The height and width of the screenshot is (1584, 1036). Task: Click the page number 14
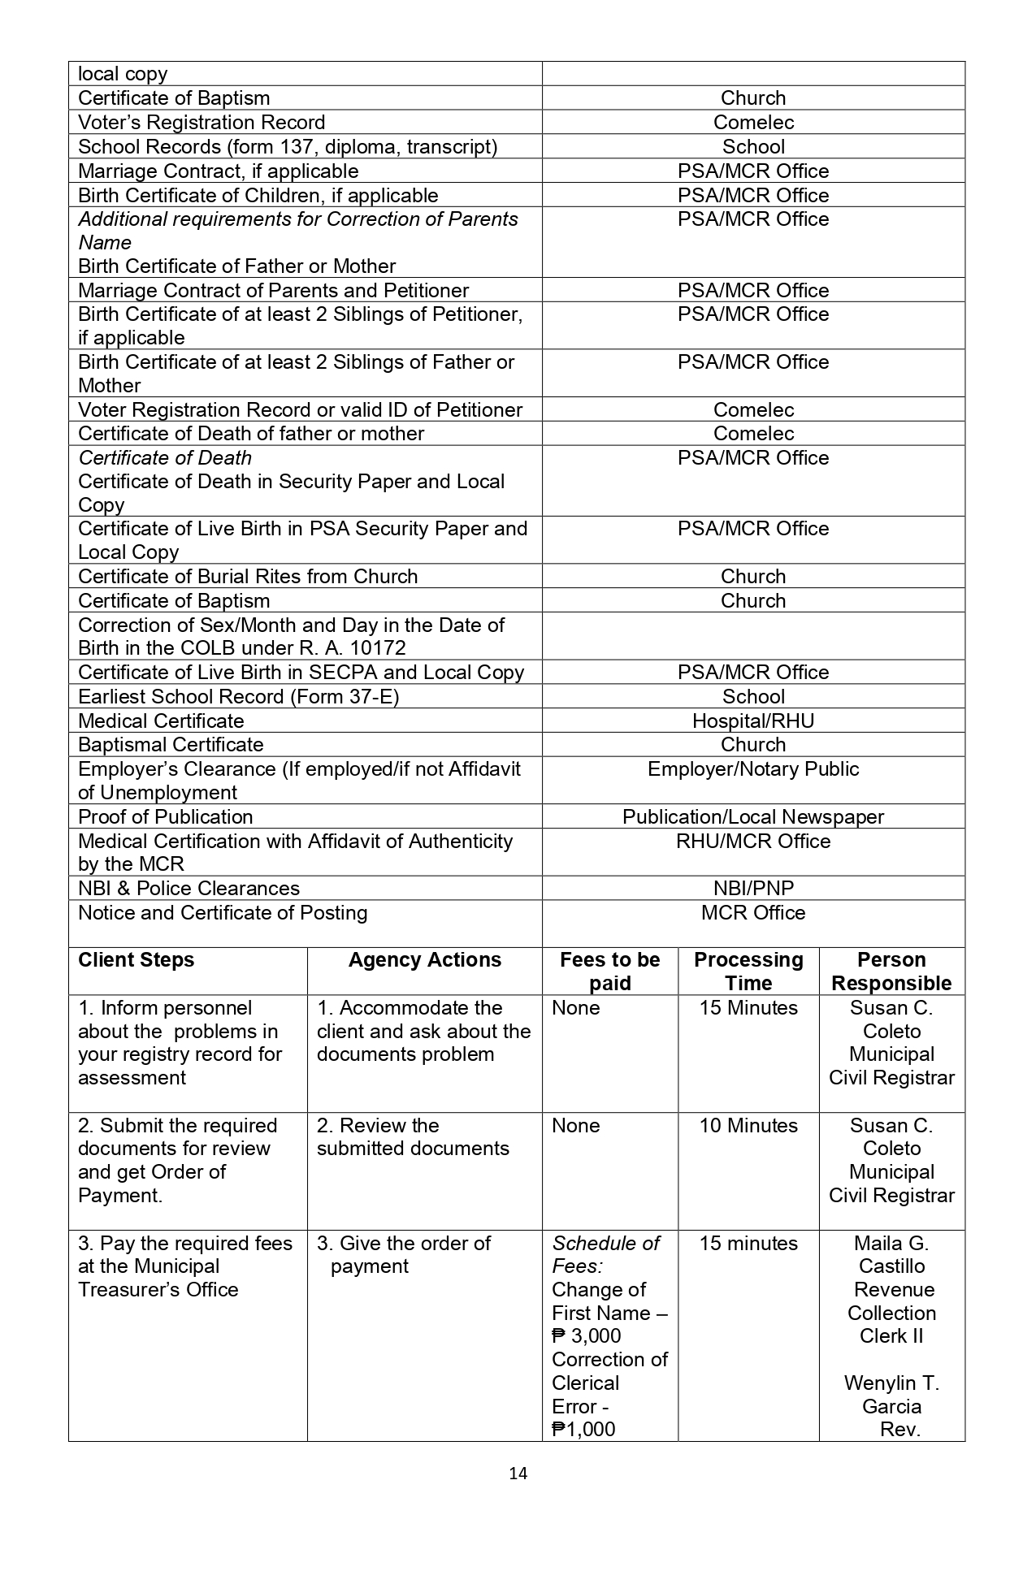point(518,1474)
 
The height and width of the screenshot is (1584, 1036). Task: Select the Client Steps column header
point(136,959)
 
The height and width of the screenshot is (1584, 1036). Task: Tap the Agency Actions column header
point(424,959)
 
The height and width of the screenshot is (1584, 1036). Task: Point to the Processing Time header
point(748,971)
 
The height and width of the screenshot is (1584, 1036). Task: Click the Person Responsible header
point(891,971)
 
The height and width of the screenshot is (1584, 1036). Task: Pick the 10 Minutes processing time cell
point(748,1125)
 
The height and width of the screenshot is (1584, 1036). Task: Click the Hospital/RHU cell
point(753,721)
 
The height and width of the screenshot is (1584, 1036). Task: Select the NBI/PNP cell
point(753,888)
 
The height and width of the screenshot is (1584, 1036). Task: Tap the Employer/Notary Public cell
point(753,768)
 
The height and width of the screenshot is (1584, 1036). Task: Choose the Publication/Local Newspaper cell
point(753,816)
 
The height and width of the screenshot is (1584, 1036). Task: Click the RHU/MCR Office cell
point(753,841)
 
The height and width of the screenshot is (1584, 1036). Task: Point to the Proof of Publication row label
point(165,816)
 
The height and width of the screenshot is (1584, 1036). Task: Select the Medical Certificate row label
point(161,721)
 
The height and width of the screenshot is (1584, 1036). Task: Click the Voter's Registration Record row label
point(202,122)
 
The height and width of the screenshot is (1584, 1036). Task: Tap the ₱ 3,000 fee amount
point(586,1335)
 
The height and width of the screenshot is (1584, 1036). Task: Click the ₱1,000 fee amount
point(583,1429)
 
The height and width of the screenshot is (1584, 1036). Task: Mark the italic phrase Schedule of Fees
point(605,1254)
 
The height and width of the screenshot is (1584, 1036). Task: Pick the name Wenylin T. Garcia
point(891,1395)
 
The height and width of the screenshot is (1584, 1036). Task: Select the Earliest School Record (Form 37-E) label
point(238,696)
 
